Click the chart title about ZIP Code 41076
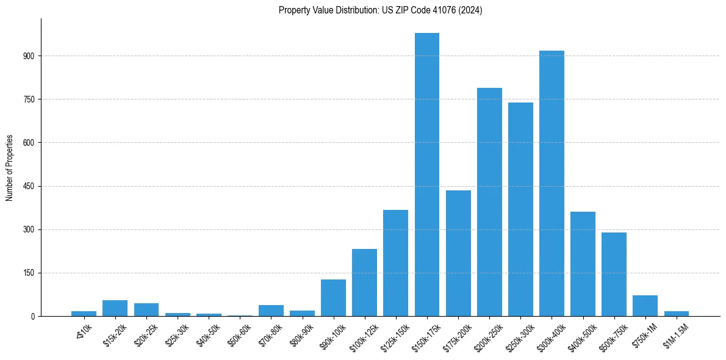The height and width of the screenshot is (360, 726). tap(380, 10)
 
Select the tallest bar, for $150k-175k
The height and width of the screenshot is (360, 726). tap(427, 175)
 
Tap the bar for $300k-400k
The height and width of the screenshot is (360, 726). tap(552, 183)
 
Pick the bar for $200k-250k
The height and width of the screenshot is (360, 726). tap(489, 202)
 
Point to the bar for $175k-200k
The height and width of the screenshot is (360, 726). tap(458, 253)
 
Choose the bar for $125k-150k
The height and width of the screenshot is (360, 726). tap(395, 263)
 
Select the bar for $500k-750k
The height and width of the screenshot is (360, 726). tap(614, 274)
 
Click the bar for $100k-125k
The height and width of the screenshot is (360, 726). tap(364, 283)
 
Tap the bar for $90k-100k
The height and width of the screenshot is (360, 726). tap(333, 298)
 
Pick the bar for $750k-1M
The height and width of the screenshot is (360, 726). tap(645, 306)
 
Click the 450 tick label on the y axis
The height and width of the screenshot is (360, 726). tap(29, 187)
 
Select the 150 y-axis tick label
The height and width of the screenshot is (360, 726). tap(29, 273)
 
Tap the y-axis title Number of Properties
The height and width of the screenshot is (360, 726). tap(10, 168)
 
